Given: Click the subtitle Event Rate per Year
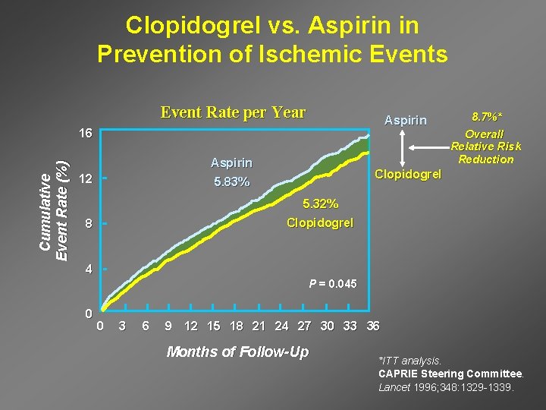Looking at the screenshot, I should (233, 113).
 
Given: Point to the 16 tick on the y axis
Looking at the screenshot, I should (86, 134).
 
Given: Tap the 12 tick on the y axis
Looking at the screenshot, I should (86, 179).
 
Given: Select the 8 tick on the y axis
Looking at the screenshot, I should (88, 224).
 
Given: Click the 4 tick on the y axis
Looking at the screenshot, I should (88, 269).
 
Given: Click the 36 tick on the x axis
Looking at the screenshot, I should (372, 326).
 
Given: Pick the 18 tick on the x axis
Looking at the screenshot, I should (236, 326).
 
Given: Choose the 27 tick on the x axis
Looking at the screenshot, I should (304, 326).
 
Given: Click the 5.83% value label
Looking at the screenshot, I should (231, 182).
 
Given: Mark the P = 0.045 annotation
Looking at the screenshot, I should (331, 284).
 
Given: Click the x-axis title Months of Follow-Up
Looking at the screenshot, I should (237, 352).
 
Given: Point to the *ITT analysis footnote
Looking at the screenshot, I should (409, 361).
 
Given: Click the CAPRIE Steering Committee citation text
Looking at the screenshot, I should (450, 374).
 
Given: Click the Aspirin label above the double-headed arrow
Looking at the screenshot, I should (406, 120).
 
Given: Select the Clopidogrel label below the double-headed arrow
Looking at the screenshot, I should (409, 174).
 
